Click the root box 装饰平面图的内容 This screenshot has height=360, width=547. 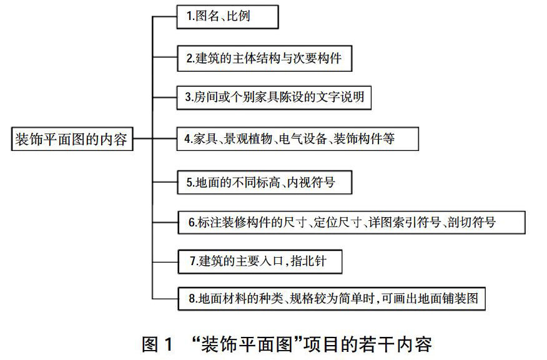(x=70, y=140)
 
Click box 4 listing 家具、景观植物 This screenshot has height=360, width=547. (x=293, y=140)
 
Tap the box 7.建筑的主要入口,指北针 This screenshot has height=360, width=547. (x=260, y=263)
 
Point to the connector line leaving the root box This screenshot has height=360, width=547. (x=142, y=139)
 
